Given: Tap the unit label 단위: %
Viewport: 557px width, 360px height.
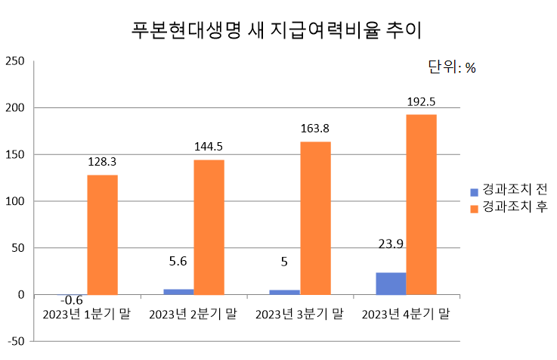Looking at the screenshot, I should coord(451,67).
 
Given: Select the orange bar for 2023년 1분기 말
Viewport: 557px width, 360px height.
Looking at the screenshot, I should coord(102,234).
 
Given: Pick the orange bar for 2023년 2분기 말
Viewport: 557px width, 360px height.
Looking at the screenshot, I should coord(209,227).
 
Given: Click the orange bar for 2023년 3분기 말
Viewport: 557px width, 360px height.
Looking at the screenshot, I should coord(315,218).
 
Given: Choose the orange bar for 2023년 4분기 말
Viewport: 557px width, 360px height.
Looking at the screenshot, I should coord(422,204).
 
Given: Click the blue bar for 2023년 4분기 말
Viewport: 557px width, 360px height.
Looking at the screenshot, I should coord(391,284).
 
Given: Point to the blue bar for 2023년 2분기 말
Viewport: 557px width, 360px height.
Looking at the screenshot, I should coord(178,292).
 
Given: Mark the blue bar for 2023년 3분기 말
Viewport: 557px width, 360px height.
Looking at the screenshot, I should coord(285,292).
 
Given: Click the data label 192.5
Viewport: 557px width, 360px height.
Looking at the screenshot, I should coord(421,101).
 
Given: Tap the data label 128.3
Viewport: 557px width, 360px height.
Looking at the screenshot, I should coord(102,161).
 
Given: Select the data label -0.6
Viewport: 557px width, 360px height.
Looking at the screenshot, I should coord(72,301).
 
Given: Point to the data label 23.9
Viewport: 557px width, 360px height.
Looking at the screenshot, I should coord(391,244).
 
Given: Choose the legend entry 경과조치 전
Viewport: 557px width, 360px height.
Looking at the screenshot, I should coord(514,189).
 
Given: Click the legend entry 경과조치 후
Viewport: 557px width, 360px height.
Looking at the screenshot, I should coord(514,206).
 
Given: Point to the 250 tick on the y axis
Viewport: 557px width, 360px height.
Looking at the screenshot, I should coord(15,61).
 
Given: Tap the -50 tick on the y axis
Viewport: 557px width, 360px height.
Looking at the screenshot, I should coord(16,341).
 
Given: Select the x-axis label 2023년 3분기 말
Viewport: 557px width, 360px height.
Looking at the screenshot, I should coord(299,313).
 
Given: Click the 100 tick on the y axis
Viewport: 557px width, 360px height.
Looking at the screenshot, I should coord(15,201).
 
